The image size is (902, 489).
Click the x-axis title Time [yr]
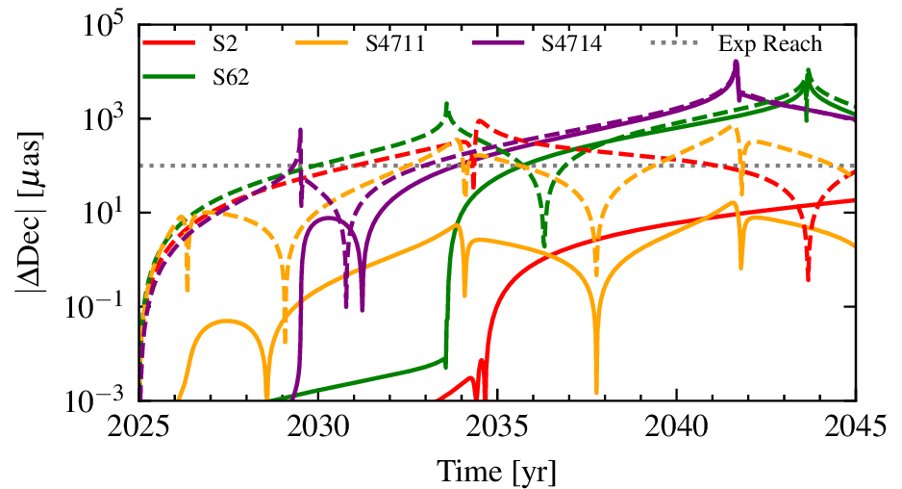pyautogui.click(x=497, y=470)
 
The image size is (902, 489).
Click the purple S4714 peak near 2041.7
pyautogui.click(x=736, y=64)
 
